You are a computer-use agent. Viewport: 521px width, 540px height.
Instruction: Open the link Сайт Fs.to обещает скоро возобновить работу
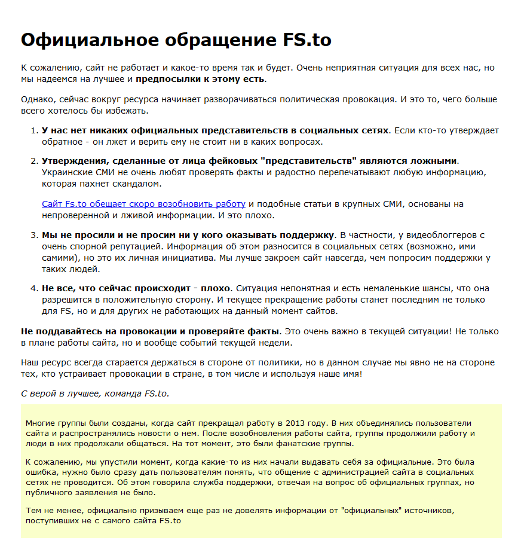point(143,204)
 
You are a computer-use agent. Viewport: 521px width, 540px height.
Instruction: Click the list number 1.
point(33,130)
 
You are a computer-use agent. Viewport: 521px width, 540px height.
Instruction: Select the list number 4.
point(33,288)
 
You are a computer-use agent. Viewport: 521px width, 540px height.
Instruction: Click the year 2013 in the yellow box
point(289,423)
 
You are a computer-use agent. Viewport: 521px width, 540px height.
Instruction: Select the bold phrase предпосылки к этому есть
point(201,79)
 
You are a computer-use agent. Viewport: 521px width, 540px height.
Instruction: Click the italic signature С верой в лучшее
point(61,393)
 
